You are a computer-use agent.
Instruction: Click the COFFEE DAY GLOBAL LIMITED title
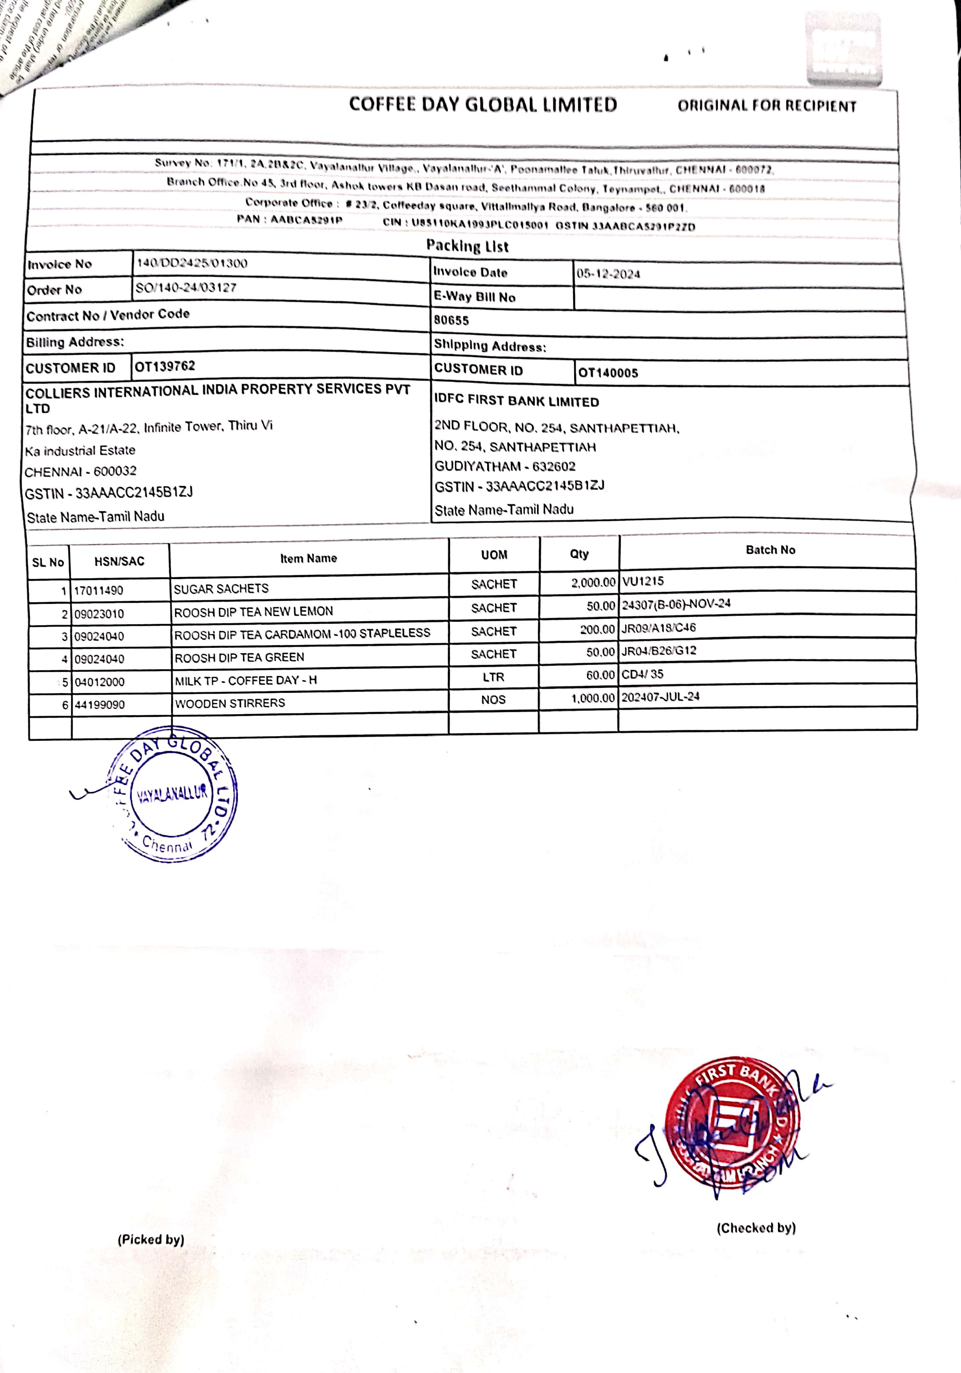tap(483, 104)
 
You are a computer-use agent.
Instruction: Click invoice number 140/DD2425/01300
tap(192, 263)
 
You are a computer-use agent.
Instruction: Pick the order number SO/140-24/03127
tap(186, 288)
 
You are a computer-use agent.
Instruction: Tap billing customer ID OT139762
tap(165, 366)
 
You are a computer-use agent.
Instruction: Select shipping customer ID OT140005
tap(608, 373)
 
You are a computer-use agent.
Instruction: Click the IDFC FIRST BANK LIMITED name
tap(516, 401)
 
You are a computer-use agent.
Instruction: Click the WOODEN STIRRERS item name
tap(230, 703)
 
